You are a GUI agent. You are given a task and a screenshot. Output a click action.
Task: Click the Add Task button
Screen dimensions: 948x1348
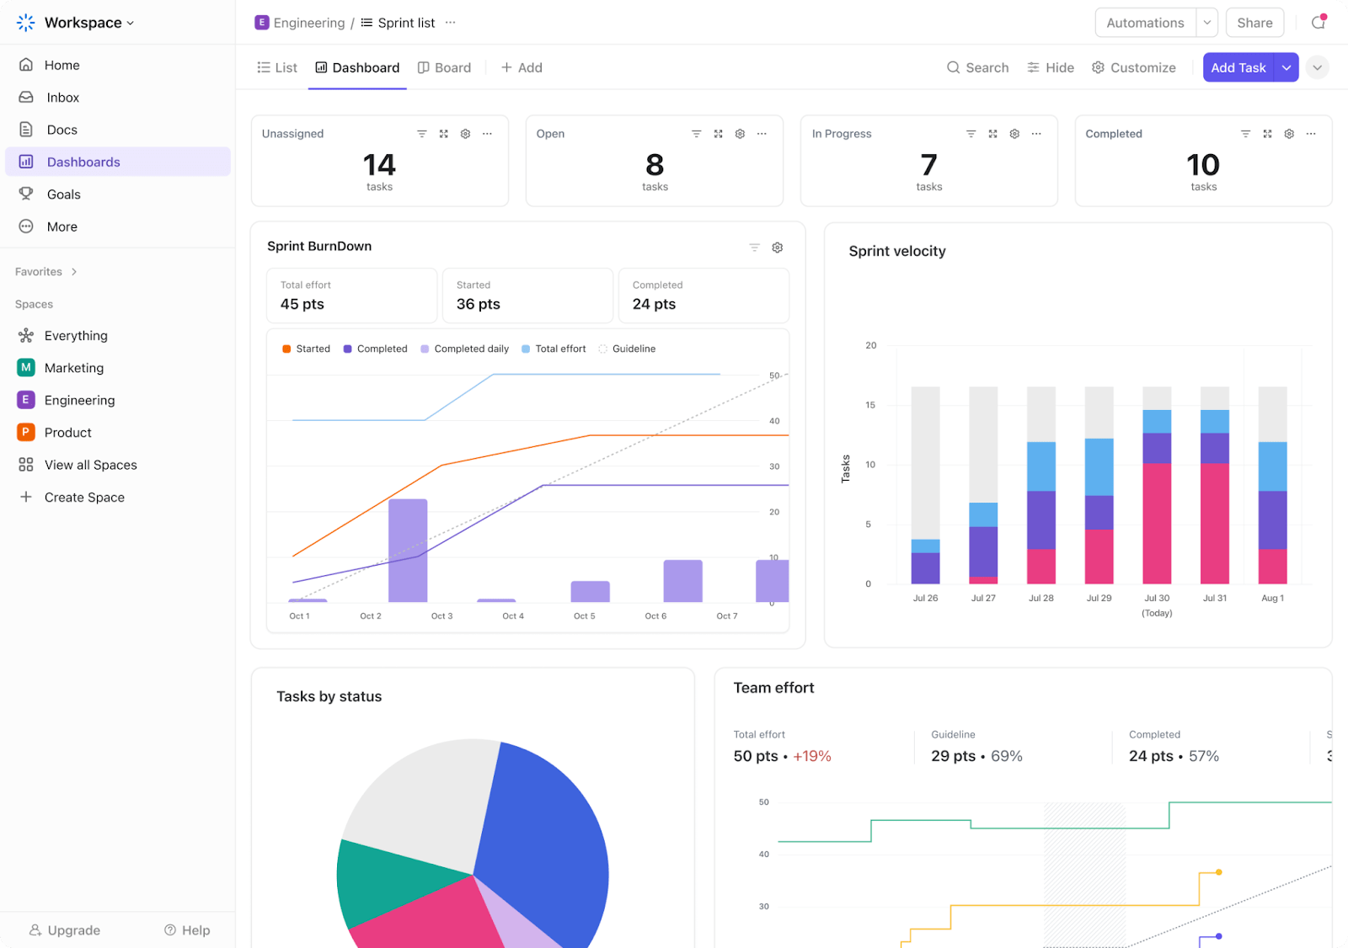click(x=1238, y=67)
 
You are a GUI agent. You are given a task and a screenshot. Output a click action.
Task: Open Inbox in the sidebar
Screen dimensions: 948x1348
click(x=62, y=98)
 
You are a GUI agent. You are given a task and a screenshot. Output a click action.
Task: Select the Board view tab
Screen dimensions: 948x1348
click(x=445, y=67)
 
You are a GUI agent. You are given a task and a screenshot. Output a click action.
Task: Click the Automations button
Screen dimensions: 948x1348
click(x=1145, y=23)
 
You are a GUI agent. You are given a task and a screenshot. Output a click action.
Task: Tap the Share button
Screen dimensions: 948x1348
click(x=1254, y=23)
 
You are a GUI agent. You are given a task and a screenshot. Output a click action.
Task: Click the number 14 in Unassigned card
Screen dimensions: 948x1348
click(x=379, y=164)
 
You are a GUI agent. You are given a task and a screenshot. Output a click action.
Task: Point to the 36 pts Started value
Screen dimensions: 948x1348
click(x=479, y=304)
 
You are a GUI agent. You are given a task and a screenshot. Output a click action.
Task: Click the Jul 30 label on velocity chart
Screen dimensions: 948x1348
click(x=1157, y=598)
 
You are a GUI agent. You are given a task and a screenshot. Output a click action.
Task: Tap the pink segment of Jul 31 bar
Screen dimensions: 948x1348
click(x=1214, y=523)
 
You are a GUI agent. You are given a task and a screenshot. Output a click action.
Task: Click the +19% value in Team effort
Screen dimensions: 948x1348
click(x=812, y=756)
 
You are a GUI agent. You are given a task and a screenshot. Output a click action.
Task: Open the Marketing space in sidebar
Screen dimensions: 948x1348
click(x=73, y=368)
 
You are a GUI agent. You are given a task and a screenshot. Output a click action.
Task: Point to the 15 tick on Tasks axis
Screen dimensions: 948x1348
click(x=870, y=405)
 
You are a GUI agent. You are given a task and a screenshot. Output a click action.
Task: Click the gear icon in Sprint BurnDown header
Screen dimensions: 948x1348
click(x=778, y=248)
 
